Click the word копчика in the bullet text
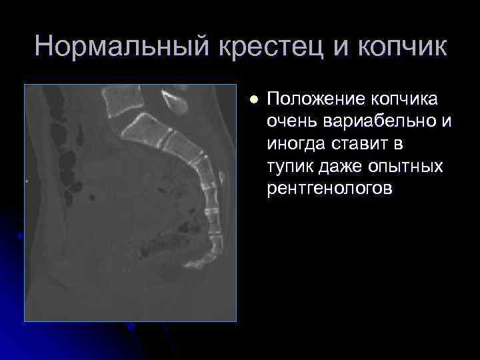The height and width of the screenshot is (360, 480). point(407,100)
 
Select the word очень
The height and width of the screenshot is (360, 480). point(287,123)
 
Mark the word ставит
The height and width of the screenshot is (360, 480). point(355,145)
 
